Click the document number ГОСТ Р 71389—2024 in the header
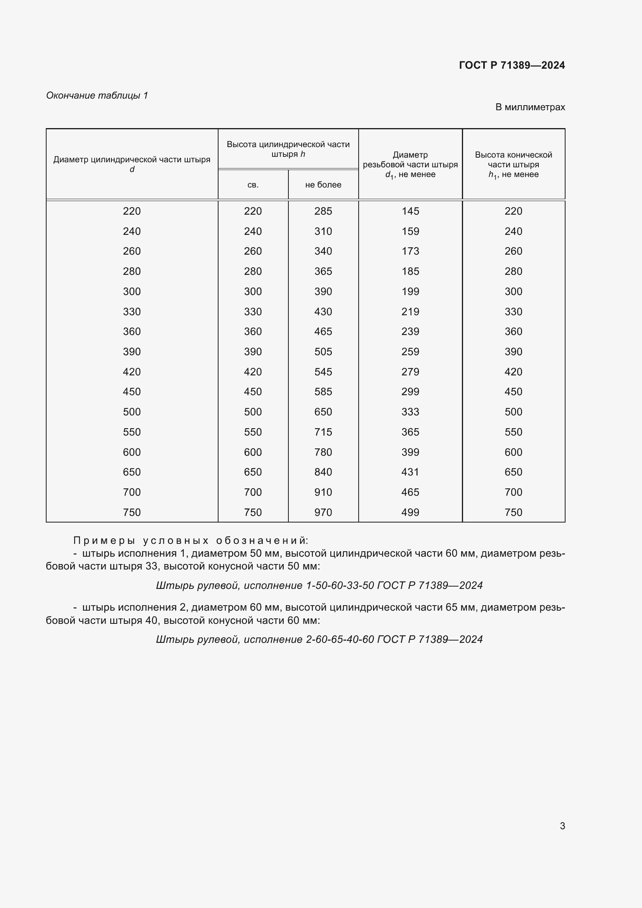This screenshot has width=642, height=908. pos(512,65)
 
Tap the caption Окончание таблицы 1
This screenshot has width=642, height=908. pos(97,95)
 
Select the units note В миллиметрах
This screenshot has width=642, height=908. pos(530,107)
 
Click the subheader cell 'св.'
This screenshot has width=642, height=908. pos(253,185)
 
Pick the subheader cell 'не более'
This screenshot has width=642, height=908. pos(323,185)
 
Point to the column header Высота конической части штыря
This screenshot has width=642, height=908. pos(513,164)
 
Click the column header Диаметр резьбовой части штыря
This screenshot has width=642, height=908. pos(410,164)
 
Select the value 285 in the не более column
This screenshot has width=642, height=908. pos(323,211)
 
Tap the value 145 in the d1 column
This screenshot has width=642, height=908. pos(410,211)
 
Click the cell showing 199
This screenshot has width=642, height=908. pos(410,292)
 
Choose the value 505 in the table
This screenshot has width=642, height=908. pos(323,352)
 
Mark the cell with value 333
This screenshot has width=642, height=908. pos(410,411)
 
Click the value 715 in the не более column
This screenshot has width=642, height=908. pos(323,432)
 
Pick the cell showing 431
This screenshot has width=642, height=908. pos(410,472)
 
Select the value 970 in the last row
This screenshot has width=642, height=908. pos(323,512)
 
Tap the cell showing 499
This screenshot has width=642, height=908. pos(410,512)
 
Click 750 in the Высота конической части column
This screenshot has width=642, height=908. pos(513,512)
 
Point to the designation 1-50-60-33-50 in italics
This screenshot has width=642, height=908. pos(340,585)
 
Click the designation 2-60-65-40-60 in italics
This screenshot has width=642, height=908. pos(340,639)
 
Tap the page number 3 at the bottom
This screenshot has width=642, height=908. pos(562,826)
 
